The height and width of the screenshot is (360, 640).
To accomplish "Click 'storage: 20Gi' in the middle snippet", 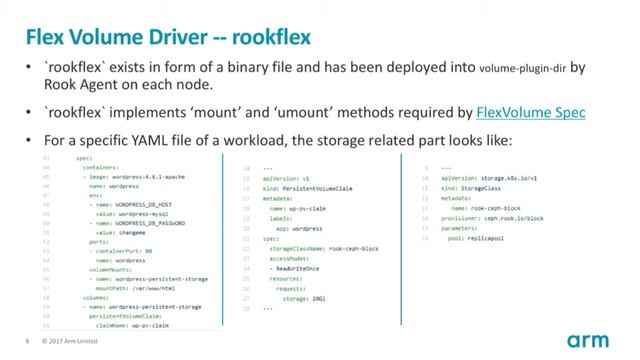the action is (304, 298).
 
